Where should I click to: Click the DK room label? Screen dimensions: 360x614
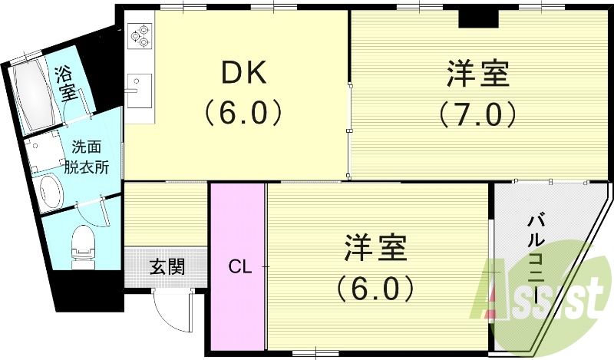click(243, 74)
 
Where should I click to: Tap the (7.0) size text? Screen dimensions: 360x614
click(477, 114)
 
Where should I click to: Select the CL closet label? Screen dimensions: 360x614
click(239, 267)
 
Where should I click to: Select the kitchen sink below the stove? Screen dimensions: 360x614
click(139, 88)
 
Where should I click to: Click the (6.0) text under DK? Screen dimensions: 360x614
click(243, 114)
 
